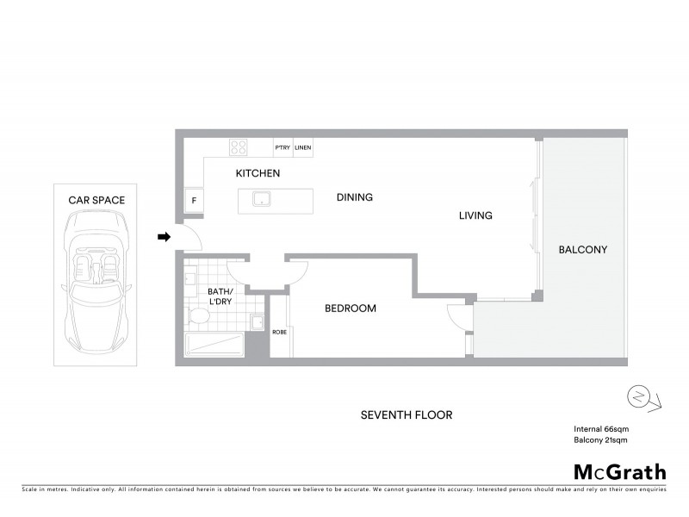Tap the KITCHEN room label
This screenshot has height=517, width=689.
(258, 173)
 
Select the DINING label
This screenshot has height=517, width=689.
(354, 197)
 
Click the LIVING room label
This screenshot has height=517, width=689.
(475, 215)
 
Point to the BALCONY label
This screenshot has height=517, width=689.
(583, 250)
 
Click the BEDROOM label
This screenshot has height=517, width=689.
(350, 308)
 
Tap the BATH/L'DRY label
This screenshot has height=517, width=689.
(220, 296)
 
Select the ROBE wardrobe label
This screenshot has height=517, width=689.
(279, 332)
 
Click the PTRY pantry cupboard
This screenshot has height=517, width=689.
(282, 148)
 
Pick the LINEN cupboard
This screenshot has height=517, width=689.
(302, 148)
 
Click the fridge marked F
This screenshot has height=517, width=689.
(194, 202)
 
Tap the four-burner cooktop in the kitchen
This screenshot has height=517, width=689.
(239, 147)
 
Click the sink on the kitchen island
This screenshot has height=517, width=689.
(261, 200)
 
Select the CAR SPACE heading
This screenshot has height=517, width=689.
(96, 200)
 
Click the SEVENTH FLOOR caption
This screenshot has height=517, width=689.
(406, 415)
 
